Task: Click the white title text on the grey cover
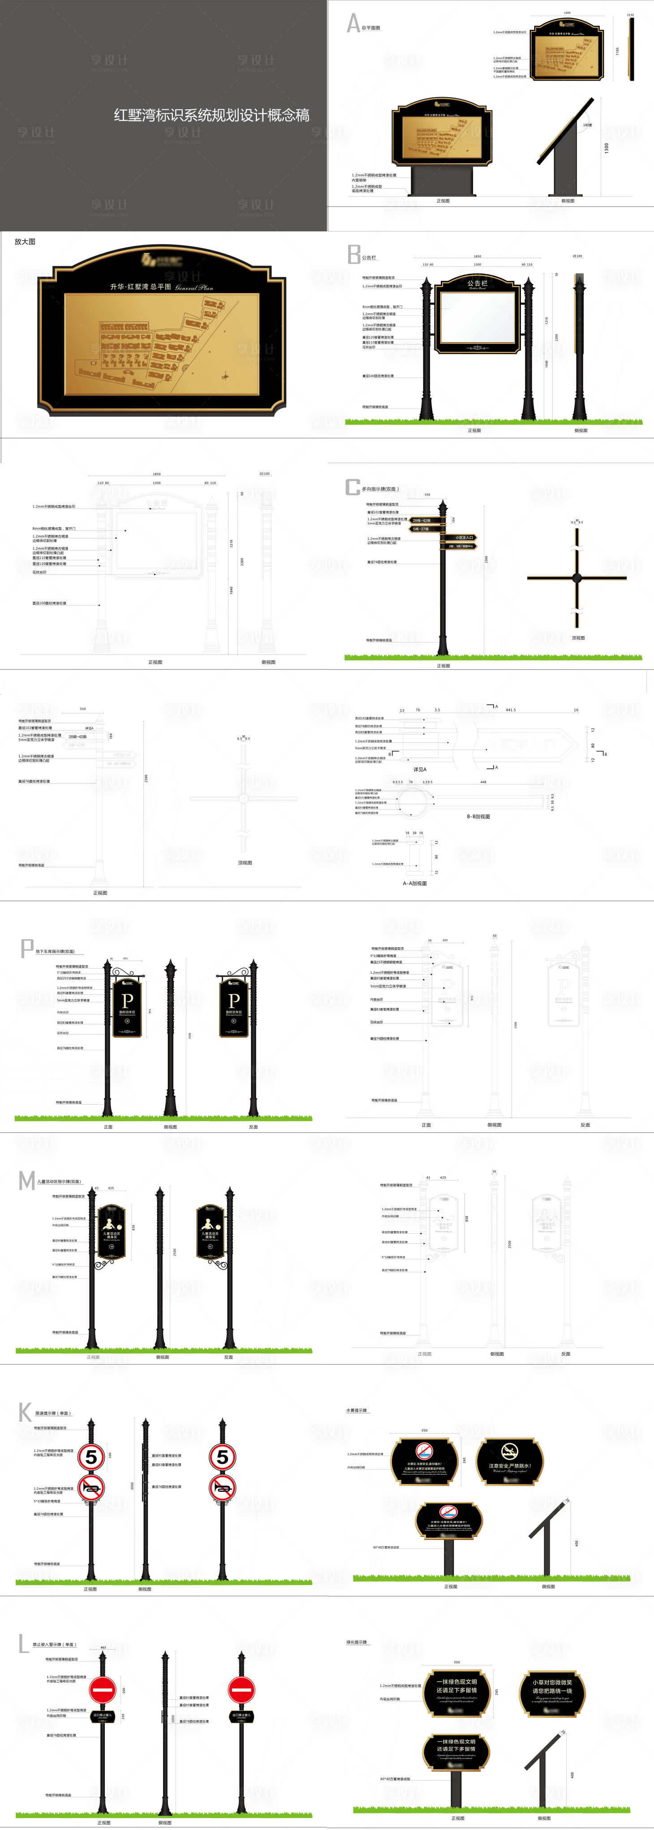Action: [211, 115]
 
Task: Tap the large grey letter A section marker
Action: [353, 23]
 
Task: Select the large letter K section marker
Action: [25, 1412]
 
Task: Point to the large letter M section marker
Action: [26, 1181]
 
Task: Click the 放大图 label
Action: [25, 242]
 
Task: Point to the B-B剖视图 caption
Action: [478, 816]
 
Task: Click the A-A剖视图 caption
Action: [415, 883]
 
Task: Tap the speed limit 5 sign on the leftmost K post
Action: [91, 1456]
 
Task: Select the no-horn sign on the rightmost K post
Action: [222, 1487]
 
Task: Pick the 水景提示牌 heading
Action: [357, 1410]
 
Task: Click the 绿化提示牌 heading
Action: [357, 1642]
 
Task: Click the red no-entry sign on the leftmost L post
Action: [102, 1689]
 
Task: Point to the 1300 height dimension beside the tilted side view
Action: [607, 148]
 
